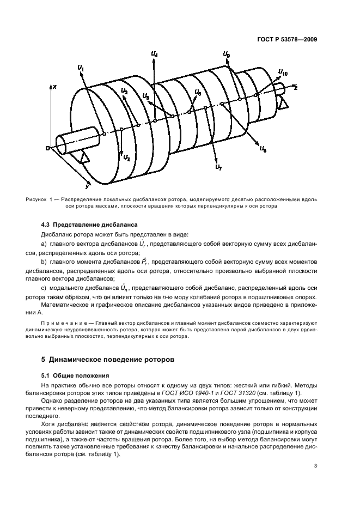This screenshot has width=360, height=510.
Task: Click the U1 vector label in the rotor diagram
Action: click(81, 68)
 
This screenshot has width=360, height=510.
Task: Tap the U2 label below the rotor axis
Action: click(126, 158)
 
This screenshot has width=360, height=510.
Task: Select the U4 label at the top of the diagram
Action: click(155, 55)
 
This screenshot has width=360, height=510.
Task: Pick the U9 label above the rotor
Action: click(226, 55)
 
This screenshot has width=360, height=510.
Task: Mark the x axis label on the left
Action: click(54, 87)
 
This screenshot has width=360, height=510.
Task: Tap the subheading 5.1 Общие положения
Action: click(72, 375)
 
